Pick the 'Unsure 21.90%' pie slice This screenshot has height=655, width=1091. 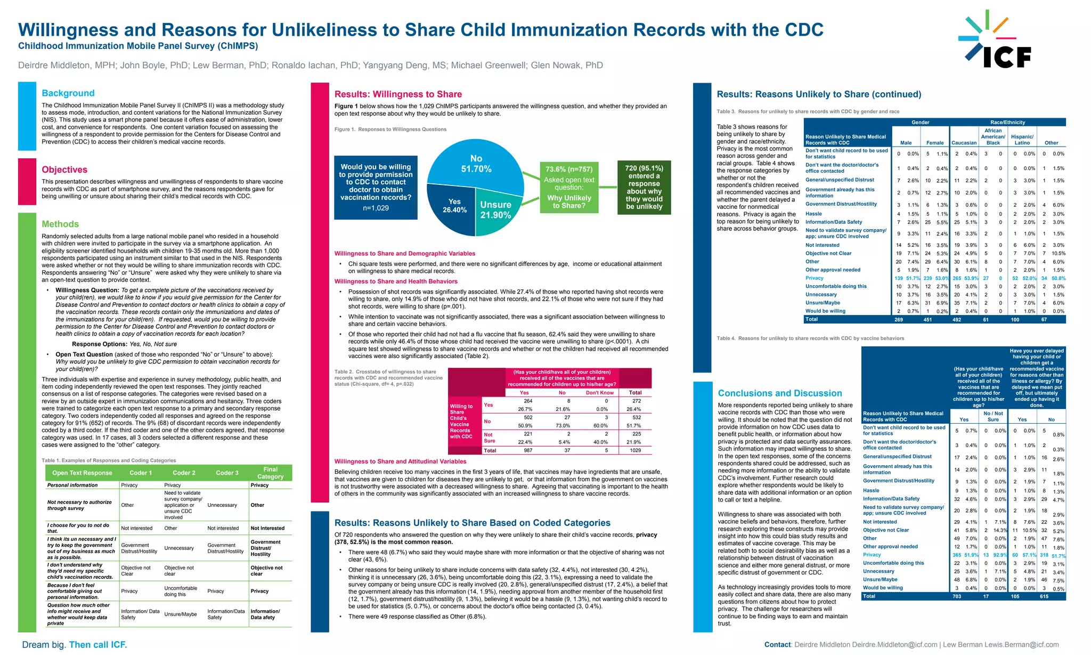(495, 210)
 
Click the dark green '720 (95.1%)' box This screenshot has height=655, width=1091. (644, 187)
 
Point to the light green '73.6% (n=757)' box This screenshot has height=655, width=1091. (569, 187)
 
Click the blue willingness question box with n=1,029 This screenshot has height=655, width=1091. (376, 187)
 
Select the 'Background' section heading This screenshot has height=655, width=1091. (68, 93)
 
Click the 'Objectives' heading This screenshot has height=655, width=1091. (64, 169)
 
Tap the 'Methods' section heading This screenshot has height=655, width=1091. (60, 224)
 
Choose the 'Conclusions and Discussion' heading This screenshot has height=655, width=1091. (780, 393)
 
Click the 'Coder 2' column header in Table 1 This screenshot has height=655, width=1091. (184, 473)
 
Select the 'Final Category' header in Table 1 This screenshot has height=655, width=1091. (270, 473)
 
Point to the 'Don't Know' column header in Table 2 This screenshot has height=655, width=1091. (600, 393)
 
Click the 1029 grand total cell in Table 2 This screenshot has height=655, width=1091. (636, 450)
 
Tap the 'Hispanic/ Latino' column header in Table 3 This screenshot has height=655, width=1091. (1022, 140)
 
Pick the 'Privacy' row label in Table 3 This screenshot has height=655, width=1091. (814, 278)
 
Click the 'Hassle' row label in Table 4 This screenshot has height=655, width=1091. (871, 490)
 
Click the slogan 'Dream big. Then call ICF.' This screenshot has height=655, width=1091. (75, 645)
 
